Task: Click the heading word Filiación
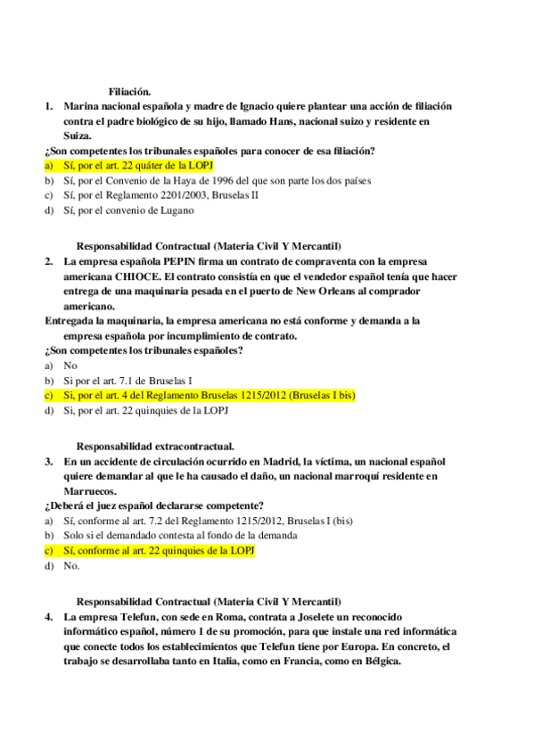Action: pyautogui.click(x=129, y=91)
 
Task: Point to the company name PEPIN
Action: pyautogui.click(x=185, y=261)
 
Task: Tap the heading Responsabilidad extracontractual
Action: pyautogui.click(x=155, y=446)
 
